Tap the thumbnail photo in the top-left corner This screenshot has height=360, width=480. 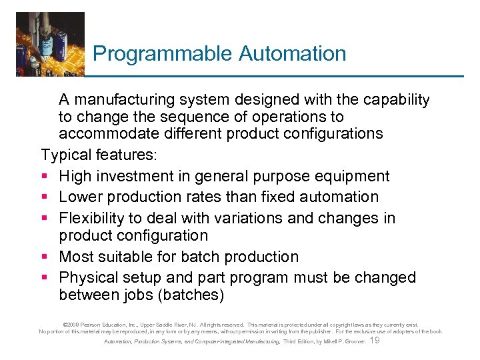pyautogui.click(x=51, y=44)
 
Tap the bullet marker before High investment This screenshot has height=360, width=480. pyautogui.click(x=45, y=177)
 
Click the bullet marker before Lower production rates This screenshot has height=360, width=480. pyautogui.click(x=45, y=197)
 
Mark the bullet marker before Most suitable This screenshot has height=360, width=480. pyautogui.click(x=45, y=257)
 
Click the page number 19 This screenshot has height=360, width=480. pyautogui.click(x=374, y=341)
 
